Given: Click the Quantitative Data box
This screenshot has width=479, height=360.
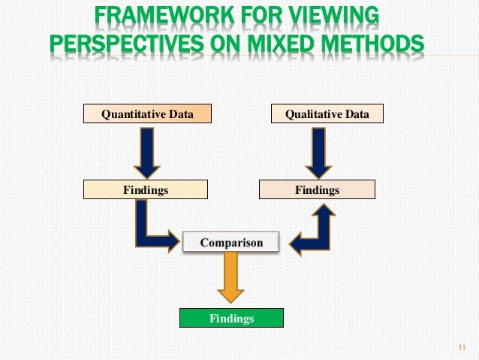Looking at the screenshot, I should [146, 114].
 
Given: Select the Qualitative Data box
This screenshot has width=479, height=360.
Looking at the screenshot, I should [327, 114].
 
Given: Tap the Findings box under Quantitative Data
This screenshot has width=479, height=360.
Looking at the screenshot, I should [146, 190].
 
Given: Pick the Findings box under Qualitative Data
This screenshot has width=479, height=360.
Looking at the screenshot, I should [317, 190].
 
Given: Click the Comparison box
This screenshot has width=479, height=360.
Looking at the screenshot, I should [231, 243].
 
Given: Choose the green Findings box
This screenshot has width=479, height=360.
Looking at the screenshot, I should [231, 319].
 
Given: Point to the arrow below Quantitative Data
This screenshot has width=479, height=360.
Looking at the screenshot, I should [146, 151].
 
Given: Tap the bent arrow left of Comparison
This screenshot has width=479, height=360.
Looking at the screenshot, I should [150, 229].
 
